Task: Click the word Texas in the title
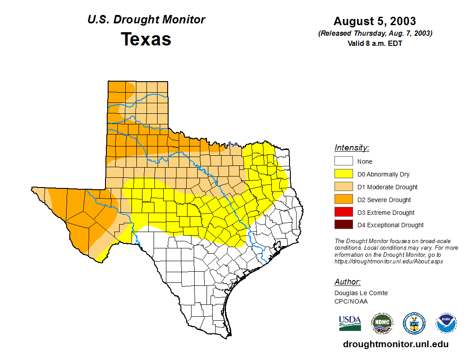click(x=146, y=39)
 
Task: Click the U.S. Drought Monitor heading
click(x=146, y=20)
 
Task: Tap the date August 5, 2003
click(x=375, y=21)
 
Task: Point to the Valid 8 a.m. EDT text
click(x=375, y=43)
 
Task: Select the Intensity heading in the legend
click(x=352, y=148)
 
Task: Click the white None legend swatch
click(x=343, y=161)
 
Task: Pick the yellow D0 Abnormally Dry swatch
click(x=343, y=174)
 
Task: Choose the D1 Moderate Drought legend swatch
click(x=343, y=187)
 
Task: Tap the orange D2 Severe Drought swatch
click(x=343, y=200)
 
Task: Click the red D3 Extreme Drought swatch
click(x=343, y=213)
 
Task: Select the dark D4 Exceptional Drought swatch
click(x=343, y=225)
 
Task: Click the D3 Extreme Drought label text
click(x=386, y=213)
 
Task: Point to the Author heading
click(x=347, y=282)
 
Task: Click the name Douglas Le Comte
click(x=361, y=293)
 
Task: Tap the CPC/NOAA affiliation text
click(x=351, y=301)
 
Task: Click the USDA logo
click(x=350, y=323)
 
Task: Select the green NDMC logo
click(x=382, y=323)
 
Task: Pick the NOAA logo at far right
click(x=446, y=323)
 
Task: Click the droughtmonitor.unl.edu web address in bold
click(x=395, y=344)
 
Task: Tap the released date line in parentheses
click(x=375, y=34)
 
